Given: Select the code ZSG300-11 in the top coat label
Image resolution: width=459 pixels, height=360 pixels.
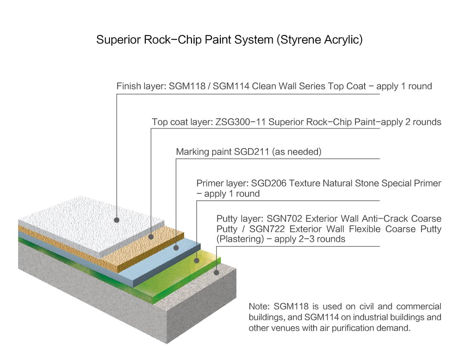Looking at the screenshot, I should (x=239, y=122).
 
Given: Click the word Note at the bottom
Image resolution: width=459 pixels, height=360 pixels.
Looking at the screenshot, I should (x=259, y=307).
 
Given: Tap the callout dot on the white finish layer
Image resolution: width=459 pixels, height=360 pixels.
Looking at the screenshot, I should (x=116, y=220).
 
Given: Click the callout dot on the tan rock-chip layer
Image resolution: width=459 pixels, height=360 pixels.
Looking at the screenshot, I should (x=151, y=237).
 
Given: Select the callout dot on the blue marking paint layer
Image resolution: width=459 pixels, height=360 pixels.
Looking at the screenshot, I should (x=176, y=248).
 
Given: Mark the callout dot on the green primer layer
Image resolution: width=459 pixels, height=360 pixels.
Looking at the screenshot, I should (x=197, y=260).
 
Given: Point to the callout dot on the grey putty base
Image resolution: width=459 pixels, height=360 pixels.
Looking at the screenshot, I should (x=217, y=272).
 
